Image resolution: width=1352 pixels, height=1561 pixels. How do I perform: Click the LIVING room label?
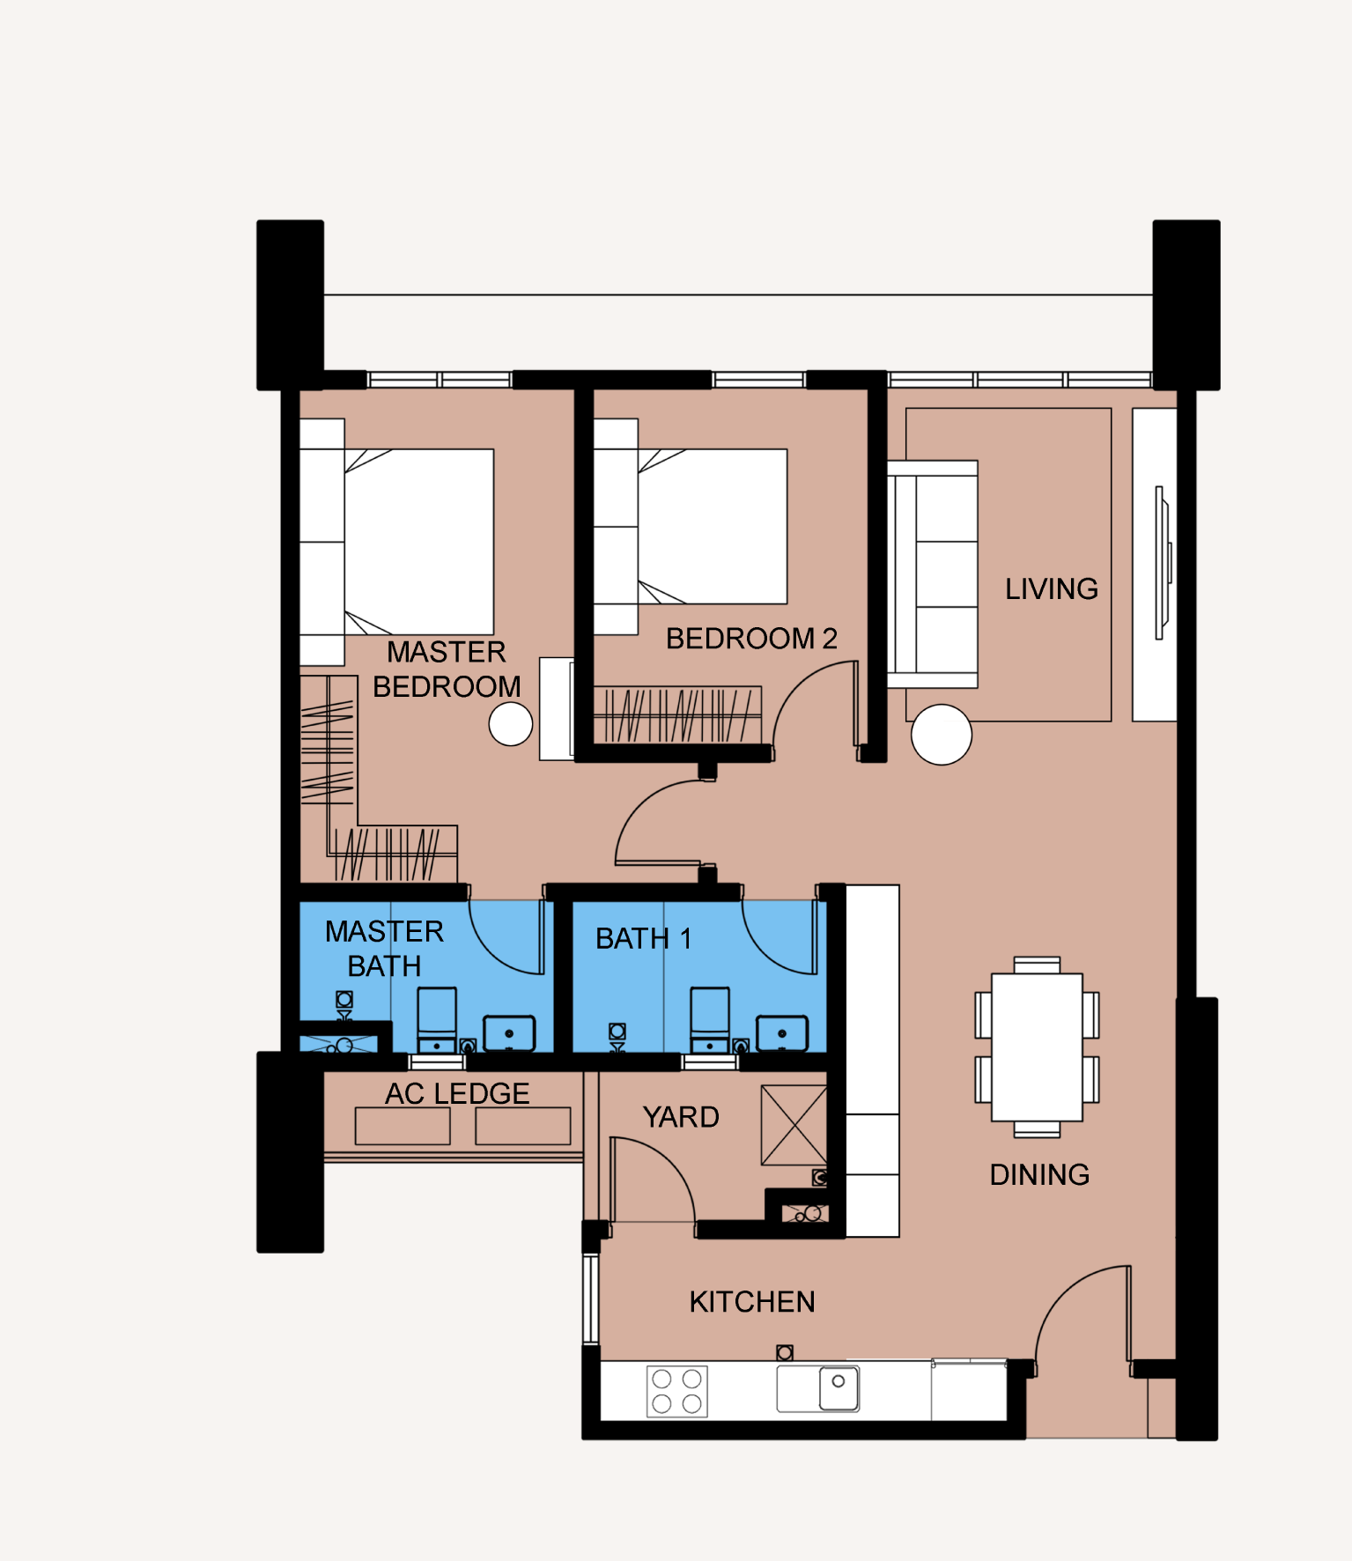tap(1051, 588)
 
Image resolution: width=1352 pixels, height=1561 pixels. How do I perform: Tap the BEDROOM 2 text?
tap(750, 638)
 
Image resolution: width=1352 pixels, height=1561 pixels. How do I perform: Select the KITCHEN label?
tap(751, 1301)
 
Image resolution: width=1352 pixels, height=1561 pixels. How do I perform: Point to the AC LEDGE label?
tap(457, 1093)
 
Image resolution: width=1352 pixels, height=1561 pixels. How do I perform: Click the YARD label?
tap(680, 1117)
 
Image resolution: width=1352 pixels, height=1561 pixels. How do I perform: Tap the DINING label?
tap(1039, 1174)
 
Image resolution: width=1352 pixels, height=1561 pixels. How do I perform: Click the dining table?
tap(1037, 1047)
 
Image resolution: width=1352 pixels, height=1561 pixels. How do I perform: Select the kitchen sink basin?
tap(839, 1387)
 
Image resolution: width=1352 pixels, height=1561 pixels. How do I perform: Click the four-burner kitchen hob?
tap(676, 1391)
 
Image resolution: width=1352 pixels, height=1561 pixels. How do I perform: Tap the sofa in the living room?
tap(934, 574)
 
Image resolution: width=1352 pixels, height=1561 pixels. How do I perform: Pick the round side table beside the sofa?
tap(941, 735)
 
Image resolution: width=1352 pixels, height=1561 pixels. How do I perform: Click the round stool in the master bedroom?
tap(511, 724)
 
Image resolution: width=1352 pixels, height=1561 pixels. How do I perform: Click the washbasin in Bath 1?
tap(782, 1032)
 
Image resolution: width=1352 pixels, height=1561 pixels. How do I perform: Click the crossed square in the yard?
tap(794, 1125)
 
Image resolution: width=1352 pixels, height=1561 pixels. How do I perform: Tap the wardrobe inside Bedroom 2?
tap(676, 714)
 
